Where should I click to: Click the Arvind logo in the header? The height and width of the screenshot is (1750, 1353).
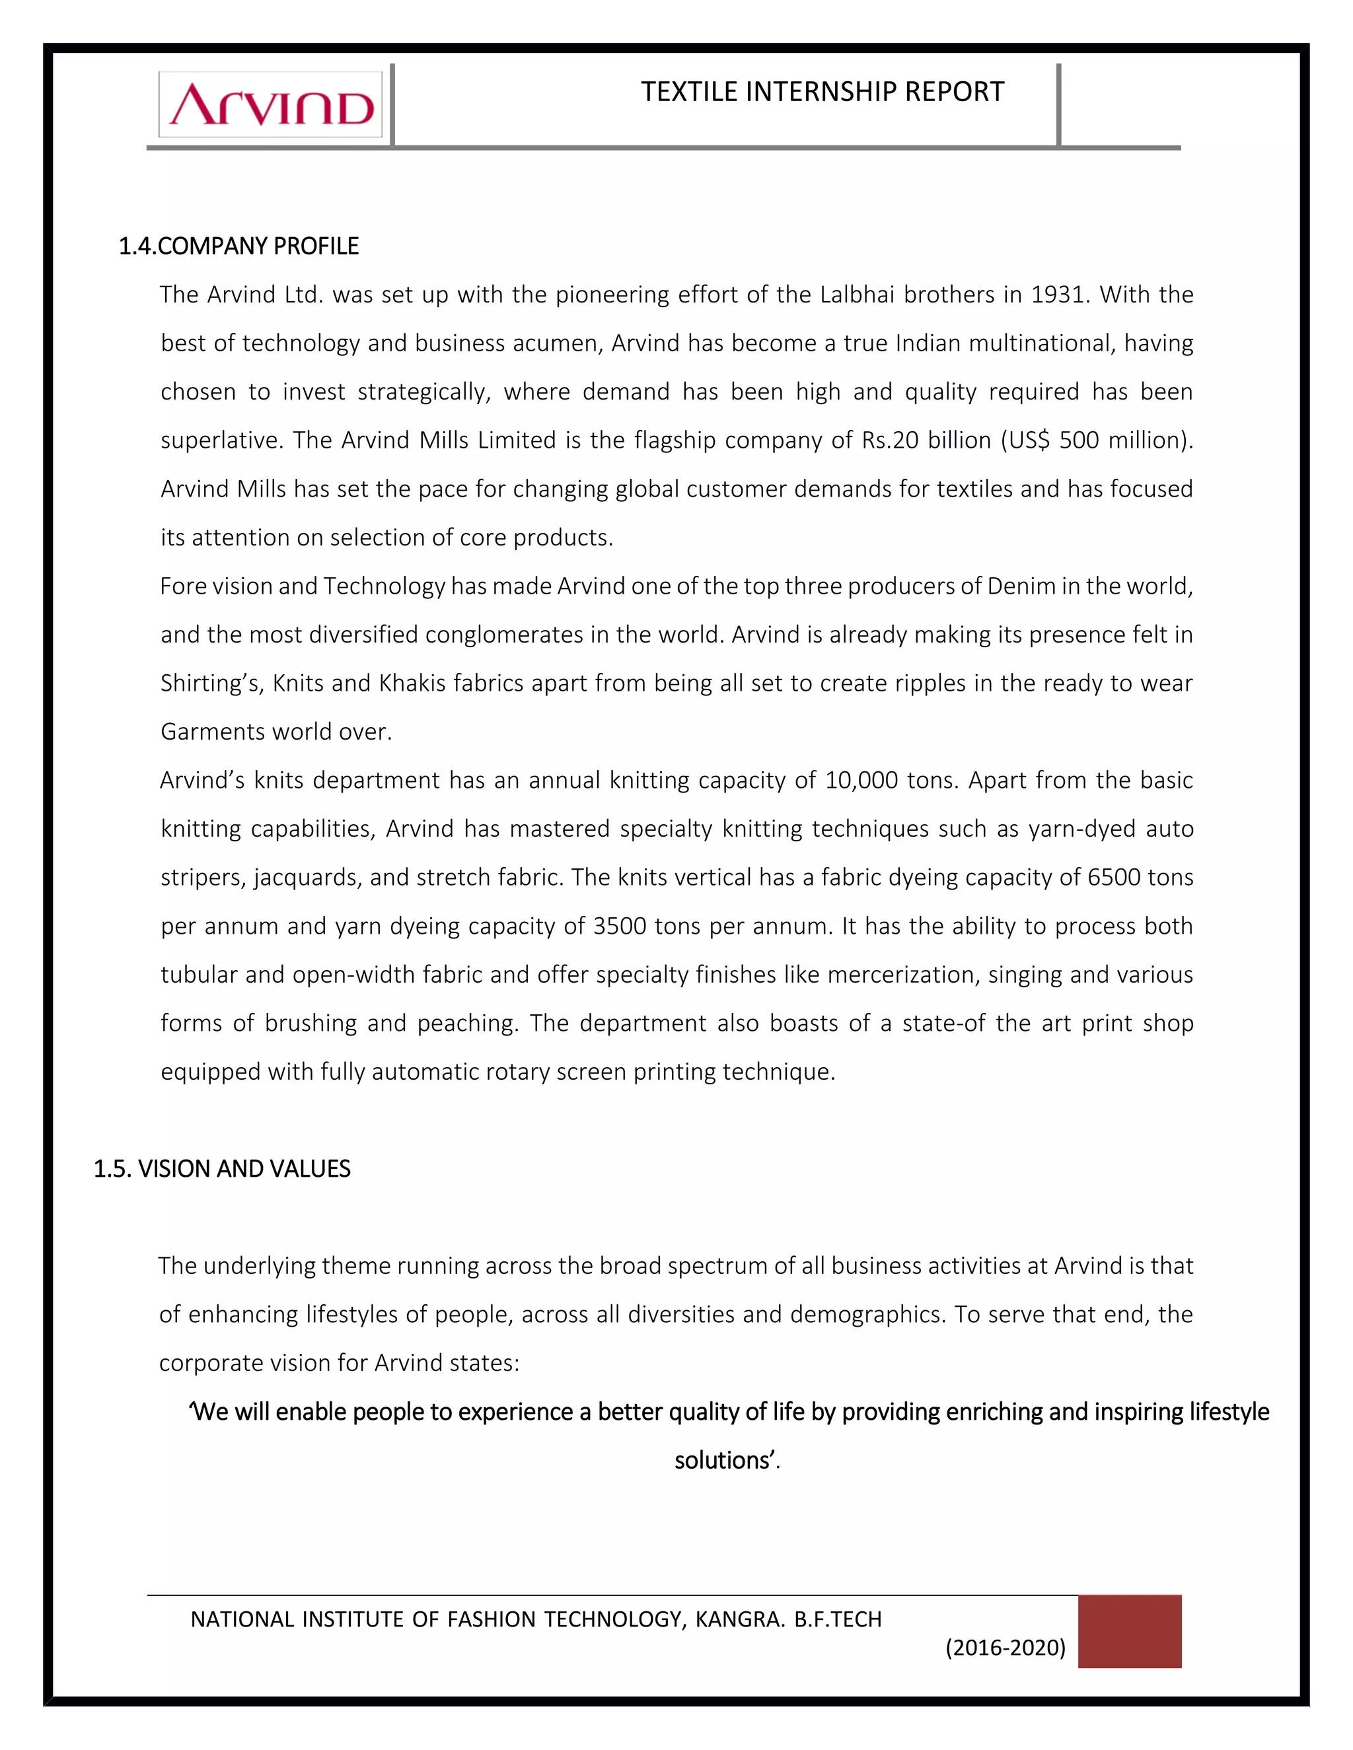(271, 105)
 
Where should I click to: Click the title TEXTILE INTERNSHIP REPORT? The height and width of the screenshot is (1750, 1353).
(822, 92)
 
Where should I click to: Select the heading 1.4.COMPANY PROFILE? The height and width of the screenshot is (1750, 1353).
(239, 246)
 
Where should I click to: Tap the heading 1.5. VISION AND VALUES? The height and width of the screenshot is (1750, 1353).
(222, 1169)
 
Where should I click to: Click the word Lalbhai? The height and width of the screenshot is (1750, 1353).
(856, 295)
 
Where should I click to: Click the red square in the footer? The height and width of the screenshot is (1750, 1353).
(1128, 1631)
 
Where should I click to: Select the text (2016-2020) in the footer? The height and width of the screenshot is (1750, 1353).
(1005, 1648)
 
